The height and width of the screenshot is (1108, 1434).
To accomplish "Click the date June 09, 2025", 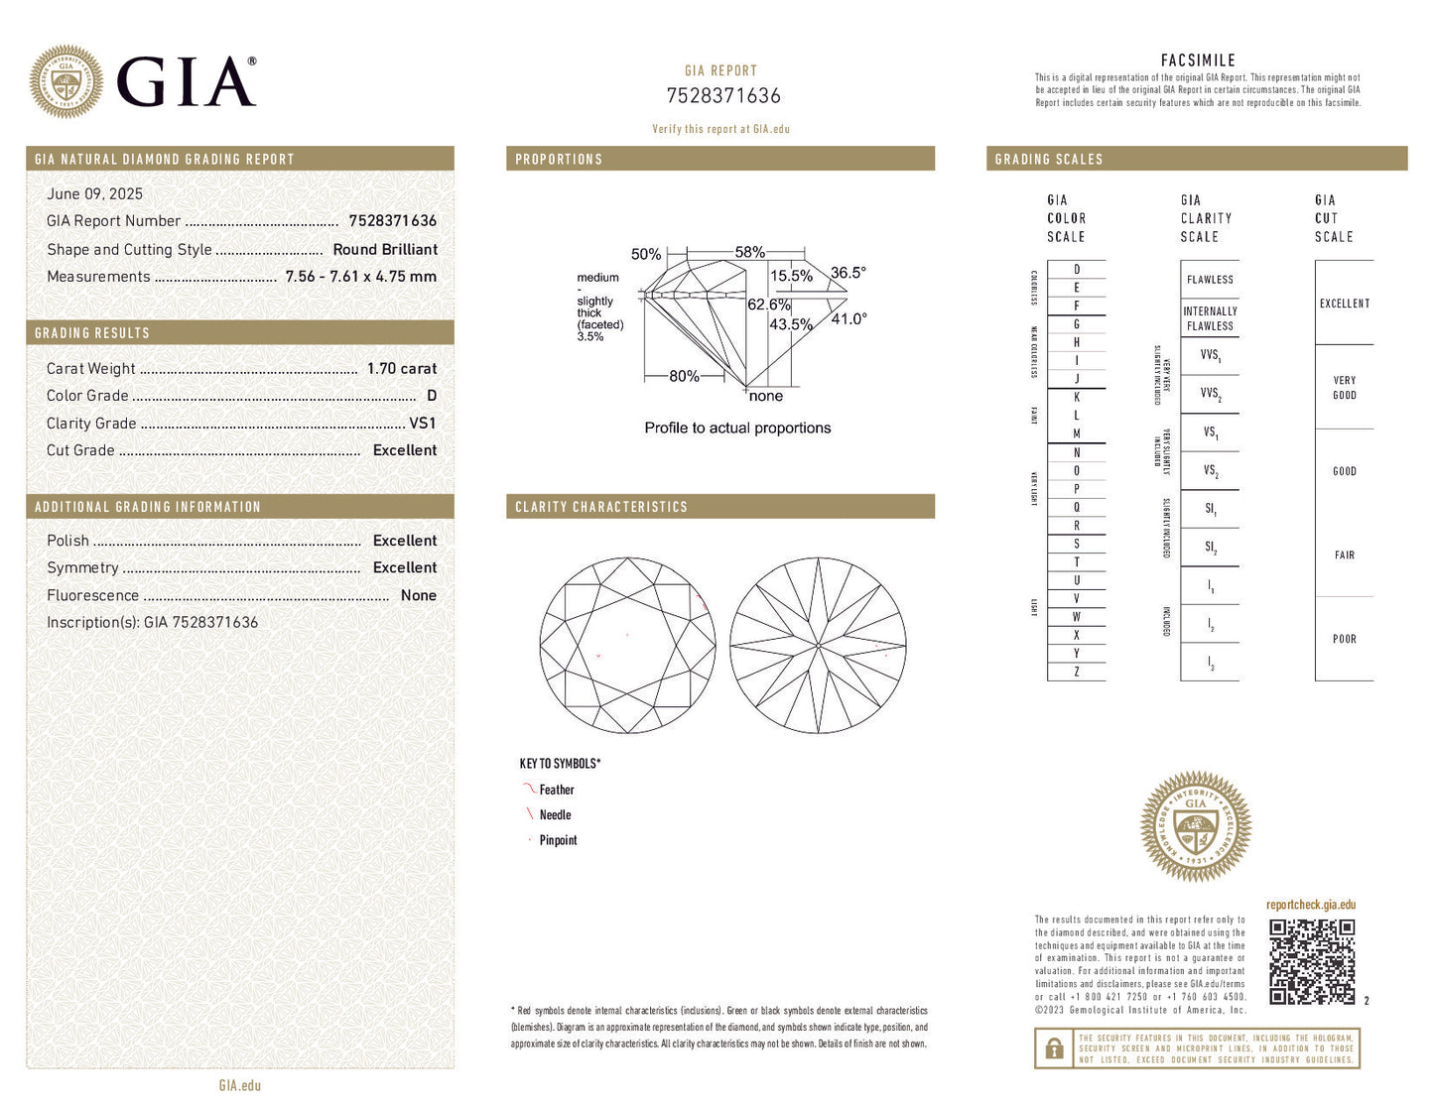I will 94,194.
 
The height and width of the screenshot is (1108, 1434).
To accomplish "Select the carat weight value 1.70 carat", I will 401,369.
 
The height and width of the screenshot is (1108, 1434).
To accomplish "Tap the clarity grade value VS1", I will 422,424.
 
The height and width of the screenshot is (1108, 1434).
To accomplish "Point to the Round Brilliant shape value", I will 385,250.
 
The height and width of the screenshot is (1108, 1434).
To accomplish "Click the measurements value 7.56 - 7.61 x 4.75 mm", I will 360,277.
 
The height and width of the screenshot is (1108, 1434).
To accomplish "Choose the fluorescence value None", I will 418,596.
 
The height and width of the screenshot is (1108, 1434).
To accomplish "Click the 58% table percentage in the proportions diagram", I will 749,253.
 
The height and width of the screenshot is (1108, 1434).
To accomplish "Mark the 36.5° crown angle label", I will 847,273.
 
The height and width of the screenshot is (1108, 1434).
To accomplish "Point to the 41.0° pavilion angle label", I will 848,319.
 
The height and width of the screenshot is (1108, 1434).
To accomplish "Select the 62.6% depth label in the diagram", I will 768,305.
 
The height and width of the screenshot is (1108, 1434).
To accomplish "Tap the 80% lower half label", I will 684,377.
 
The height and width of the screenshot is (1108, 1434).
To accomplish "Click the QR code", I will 1312,961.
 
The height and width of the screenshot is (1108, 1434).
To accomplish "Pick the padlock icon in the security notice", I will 1054,1048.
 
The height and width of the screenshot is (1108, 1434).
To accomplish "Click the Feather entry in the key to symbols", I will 556,791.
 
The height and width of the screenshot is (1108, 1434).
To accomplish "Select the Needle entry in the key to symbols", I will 555,815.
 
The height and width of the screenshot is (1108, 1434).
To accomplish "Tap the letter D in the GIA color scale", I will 1077,270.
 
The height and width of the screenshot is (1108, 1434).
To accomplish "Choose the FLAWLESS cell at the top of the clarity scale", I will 1210,280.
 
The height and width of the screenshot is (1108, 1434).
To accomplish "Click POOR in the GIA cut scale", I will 1344,640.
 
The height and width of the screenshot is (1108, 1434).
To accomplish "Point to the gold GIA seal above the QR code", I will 1195,827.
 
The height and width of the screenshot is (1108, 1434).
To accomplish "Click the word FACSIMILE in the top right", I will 1198,61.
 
